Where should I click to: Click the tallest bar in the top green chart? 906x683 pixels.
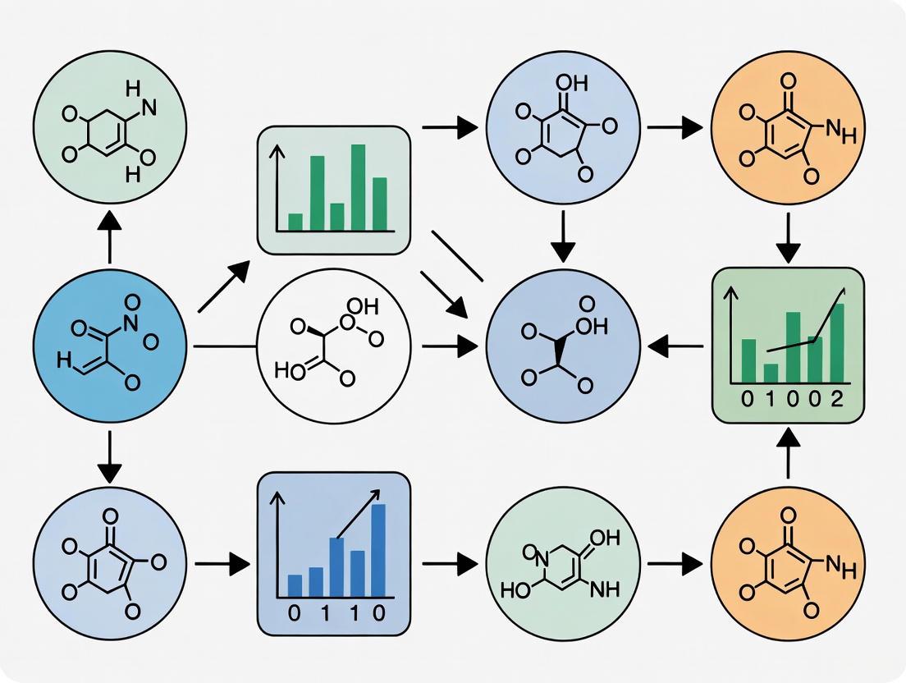(358, 187)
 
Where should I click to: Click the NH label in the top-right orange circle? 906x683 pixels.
(837, 131)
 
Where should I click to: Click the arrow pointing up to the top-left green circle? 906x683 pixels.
(110, 236)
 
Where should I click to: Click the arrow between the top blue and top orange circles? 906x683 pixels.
(675, 127)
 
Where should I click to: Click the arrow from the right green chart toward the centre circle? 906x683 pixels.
(675, 347)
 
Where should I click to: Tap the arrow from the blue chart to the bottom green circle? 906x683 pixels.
(449, 564)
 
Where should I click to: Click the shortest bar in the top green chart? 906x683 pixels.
(295, 222)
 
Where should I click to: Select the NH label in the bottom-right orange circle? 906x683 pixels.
(837, 565)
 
